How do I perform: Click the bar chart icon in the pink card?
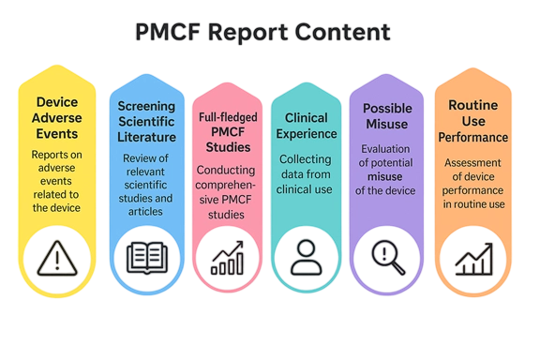pos(227,256)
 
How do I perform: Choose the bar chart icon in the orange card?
pos(472,255)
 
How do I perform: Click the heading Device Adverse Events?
pos(57,119)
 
